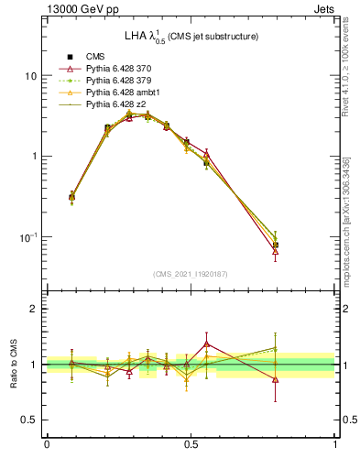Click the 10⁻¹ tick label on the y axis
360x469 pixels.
(27, 236)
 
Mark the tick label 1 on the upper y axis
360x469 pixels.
(34, 157)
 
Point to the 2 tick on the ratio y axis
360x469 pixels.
(34, 310)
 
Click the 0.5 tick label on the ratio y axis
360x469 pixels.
(29, 420)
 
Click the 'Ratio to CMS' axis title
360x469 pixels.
(14, 365)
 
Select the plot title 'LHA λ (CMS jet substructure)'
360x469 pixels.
(191, 38)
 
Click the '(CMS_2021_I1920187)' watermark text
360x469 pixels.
(191, 274)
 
